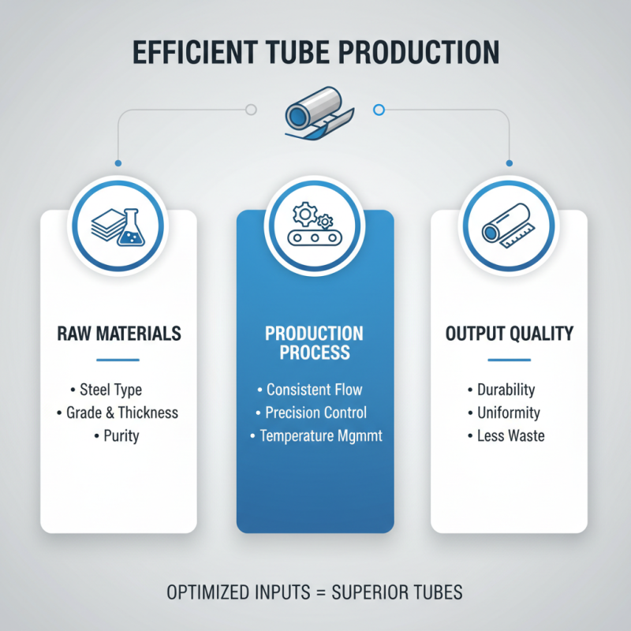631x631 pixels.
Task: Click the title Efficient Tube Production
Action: (x=315, y=52)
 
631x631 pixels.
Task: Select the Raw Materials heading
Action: (x=118, y=334)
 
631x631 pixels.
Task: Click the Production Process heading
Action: (x=315, y=342)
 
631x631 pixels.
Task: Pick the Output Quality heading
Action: (x=509, y=334)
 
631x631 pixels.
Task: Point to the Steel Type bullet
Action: (x=110, y=390)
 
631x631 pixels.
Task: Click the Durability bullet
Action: (x=506, y=390)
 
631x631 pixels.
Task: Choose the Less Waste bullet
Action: (x=510, y=435)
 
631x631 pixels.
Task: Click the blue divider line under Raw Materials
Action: (x=118, y=360)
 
